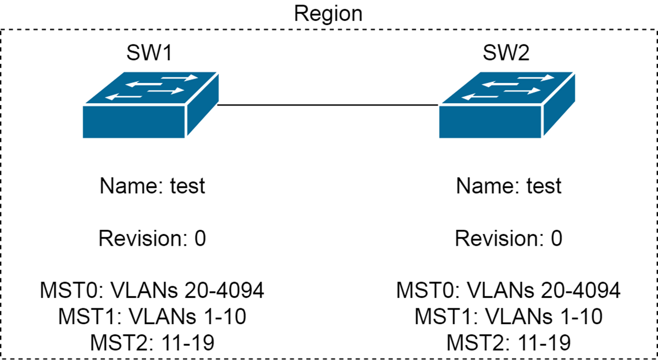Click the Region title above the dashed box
328,14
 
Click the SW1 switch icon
150,105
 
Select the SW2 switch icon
507,105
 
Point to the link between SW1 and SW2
328,105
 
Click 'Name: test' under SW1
152,186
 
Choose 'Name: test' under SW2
509,186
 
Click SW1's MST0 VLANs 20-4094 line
152,291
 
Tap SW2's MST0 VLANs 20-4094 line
509,291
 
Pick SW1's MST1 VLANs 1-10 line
152,317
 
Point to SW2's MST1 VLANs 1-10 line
509,317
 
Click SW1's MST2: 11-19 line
152,342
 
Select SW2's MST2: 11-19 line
509,342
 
